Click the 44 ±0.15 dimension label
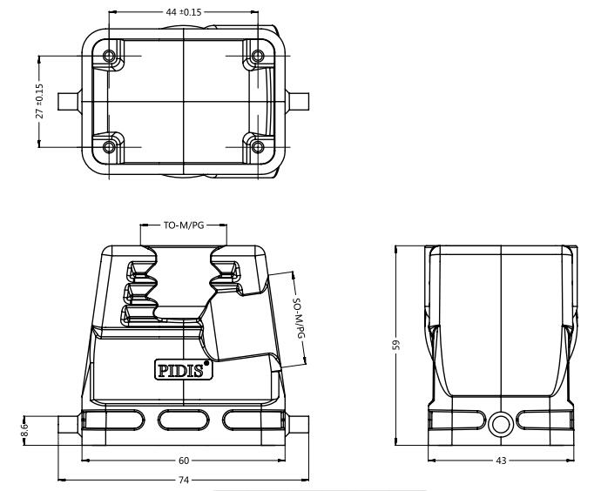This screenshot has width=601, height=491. click(183, 12)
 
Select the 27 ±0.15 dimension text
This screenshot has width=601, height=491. click(39, 101)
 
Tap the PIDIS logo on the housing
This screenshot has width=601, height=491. click(184, 370)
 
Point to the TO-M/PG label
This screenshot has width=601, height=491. click(184, 225)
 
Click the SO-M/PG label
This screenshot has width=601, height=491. click(299, 319)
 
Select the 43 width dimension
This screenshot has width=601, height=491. click(501, 461)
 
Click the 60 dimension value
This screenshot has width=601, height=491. click(184, 461)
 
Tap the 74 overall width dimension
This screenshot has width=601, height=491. click(184, 480)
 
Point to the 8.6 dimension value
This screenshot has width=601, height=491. click(24, 430)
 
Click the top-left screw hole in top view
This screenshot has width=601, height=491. click(109, 57)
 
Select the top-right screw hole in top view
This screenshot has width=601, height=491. click(258, 57)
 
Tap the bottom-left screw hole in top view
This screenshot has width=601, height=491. click(109, 147)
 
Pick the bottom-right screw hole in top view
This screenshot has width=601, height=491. click(258, 147)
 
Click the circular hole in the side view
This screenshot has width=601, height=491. click(501, 424)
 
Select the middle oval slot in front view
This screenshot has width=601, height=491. click(184, 420)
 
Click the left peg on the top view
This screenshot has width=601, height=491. click(70, 102)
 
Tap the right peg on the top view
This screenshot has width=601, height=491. click(297, 102)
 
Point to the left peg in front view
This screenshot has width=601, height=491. click(70, 425)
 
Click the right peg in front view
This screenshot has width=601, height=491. click(297, 425)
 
